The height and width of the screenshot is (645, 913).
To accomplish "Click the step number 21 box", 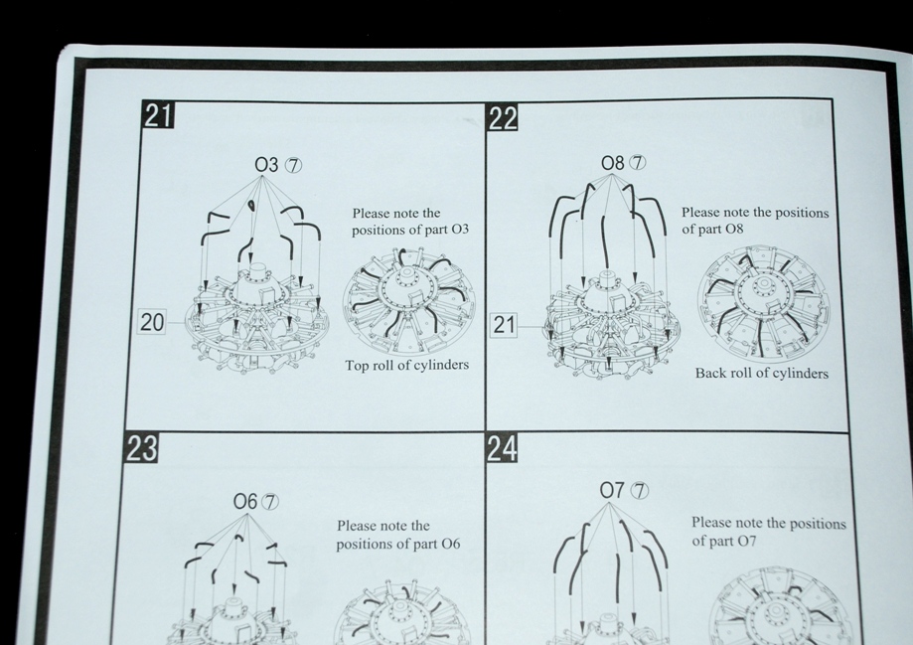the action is point(158,114).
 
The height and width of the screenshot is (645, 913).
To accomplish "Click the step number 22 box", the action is point(503,118).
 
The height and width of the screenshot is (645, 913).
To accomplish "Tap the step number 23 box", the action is point(141,448).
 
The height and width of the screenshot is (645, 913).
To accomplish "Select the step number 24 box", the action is point(502,448).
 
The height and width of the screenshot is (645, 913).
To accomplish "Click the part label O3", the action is point(266,165).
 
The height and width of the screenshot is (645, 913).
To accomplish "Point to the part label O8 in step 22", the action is point(613,163).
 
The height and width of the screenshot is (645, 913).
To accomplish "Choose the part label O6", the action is point(245,501).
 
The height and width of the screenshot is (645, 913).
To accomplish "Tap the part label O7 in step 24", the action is point(612,491).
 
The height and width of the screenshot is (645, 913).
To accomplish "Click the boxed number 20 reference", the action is point(152,322).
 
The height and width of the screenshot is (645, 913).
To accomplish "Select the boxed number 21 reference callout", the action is point(505,325).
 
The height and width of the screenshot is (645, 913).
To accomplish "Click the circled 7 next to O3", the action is point(293,166).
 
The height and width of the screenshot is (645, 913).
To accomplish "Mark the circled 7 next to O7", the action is point(640,491).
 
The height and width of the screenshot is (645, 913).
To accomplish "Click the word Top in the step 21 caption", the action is point(357,366).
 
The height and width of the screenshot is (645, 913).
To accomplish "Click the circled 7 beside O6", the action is point(271,502).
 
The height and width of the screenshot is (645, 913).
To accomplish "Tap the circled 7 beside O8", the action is point(639,163).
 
